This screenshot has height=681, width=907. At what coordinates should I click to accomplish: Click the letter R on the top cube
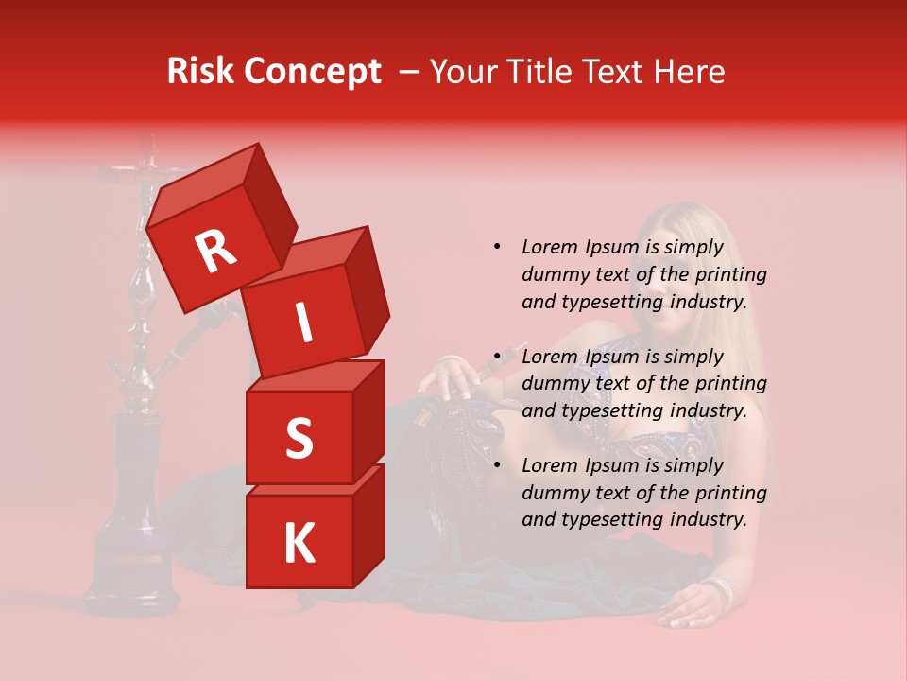(x=216, y=252)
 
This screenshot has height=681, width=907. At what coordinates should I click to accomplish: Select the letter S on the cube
(x=299, y=439)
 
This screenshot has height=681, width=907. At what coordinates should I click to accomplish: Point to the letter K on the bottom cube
(x=299, y=544)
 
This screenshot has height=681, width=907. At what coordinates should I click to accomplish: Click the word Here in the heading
(x=690, y=71)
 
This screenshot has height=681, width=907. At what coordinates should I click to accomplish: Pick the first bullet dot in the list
(x=497, y=247)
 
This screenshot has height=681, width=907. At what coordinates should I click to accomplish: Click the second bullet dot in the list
(x=497, y=357)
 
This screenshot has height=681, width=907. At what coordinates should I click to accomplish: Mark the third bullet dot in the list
(x=497, y=465)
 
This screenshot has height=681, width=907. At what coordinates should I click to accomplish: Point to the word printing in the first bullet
(x=730, y=275)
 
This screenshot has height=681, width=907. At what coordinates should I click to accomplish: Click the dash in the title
(x=408, y=72)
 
